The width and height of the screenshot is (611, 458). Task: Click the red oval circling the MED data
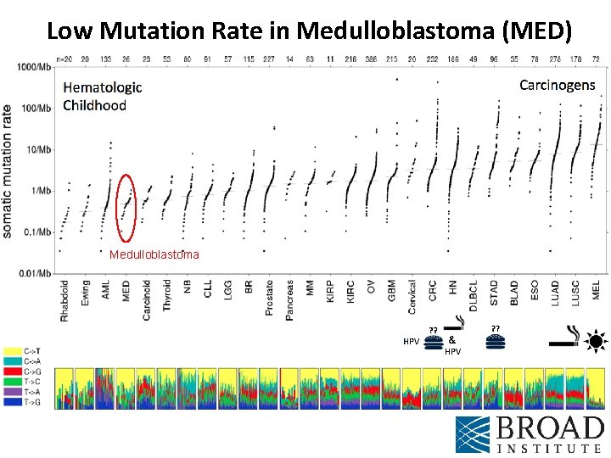tap(126, 208)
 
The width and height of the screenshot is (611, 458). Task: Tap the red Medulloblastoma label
tap(154, 254)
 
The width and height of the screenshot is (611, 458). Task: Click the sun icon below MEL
tap(596, 343)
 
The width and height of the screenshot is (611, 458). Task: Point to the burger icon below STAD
tap(496, 342)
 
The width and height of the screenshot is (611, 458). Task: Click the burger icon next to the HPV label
tap(434, 342)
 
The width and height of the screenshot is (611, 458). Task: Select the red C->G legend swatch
tap(14, 371)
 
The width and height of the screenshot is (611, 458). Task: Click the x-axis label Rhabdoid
tap(65, 300)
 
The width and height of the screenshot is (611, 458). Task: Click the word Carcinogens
tap(557, 85)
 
